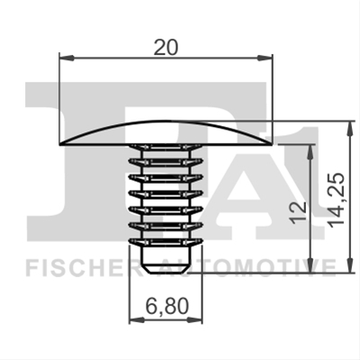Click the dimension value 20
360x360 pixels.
(x=166, y=47)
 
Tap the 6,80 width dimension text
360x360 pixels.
(x=167, y=306)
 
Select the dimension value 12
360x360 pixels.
(x=299, y=212)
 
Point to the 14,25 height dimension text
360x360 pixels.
(x=337, y=200)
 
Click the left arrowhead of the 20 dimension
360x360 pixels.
(x=67, y=58)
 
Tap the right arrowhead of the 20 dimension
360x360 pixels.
(x=265, y=58)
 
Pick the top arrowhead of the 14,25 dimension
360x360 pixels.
(x=349, y=128)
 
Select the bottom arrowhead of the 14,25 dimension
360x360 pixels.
(x=349, y=265)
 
